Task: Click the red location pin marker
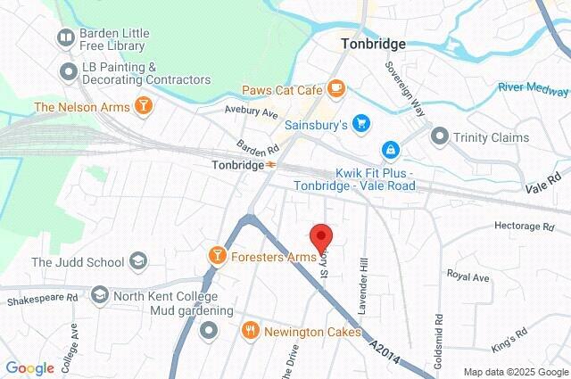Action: [x=321, y=238]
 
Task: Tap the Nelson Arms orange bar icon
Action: [x=143, y=107]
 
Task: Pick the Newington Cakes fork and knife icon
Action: [x=251, y=331]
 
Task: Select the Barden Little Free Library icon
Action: [x=65, y=37]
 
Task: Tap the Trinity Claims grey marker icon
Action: [x=439, y=136]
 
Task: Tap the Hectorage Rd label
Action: [x=524, y=227]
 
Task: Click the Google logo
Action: [x=29, y=368]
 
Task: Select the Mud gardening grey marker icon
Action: [x=210, y=332]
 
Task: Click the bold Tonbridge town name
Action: [x=373, y=44]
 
